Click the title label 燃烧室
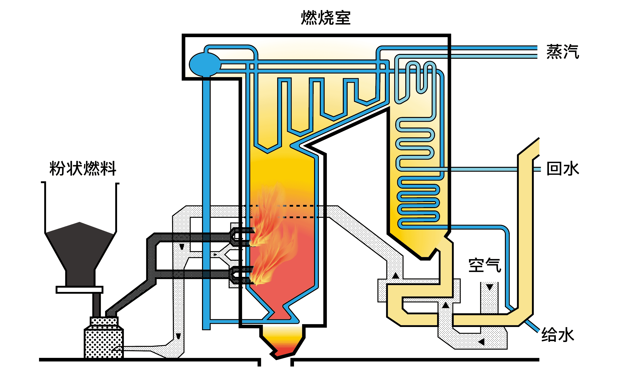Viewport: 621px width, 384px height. click(325, 18)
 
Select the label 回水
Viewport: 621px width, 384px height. click(562, 169)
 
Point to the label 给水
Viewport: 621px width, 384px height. click(557, 335)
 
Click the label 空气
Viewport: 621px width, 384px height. click(484, 265)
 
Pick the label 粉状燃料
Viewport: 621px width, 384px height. click(83, 168)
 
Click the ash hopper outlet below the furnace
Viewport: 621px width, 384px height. click(283, 343)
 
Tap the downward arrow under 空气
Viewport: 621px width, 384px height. click(489, 287)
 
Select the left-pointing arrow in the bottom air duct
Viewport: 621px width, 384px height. click(481, 342)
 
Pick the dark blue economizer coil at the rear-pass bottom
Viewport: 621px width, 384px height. click(418, 203)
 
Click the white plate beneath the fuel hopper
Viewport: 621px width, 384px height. click(79, 290)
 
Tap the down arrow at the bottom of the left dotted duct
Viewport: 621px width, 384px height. click(178, 336)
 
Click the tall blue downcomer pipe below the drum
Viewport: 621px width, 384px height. click(206, 203)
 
